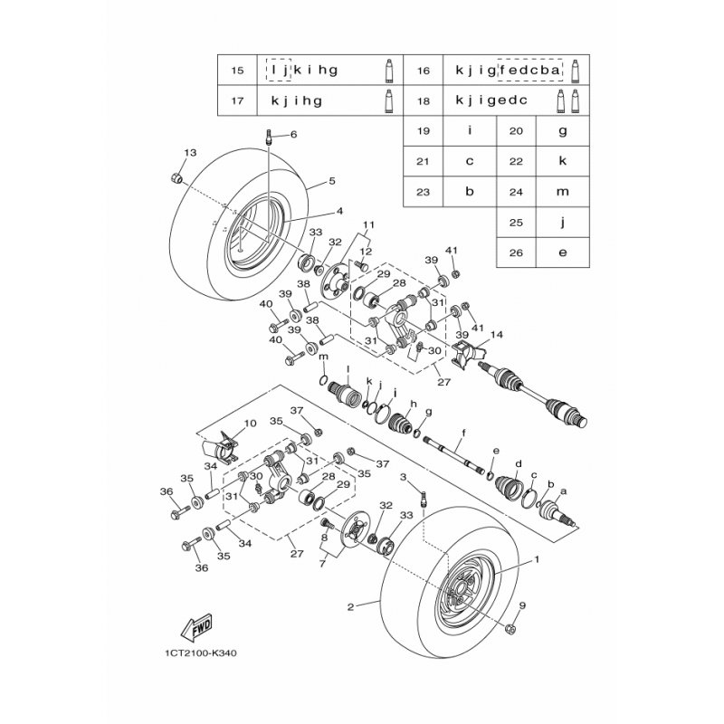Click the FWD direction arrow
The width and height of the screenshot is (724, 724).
point(196,627)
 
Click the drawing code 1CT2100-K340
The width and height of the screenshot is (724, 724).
point(200,653)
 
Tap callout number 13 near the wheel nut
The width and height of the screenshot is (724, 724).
point(190,153)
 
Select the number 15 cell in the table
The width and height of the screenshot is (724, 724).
point(237,71)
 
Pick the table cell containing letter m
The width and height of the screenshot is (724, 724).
point(562,192)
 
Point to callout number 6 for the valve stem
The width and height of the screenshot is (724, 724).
point(293,135)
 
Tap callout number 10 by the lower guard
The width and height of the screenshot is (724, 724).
point(250,424)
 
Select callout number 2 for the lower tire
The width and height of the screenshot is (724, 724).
point(350,606)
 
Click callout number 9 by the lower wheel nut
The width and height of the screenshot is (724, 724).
point(522,605)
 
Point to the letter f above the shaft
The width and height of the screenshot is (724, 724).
point(463,433)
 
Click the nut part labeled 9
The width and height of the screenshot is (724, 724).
point(510,628)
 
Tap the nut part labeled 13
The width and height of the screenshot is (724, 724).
point(176,177)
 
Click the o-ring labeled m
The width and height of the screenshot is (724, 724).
point(324,380)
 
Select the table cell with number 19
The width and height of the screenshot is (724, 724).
point(424,131)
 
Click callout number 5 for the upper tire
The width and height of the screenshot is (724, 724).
point(332,182)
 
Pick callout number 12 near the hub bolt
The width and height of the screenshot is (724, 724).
point(366,252)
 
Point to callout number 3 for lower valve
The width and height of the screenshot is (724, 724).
point(404,477)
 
